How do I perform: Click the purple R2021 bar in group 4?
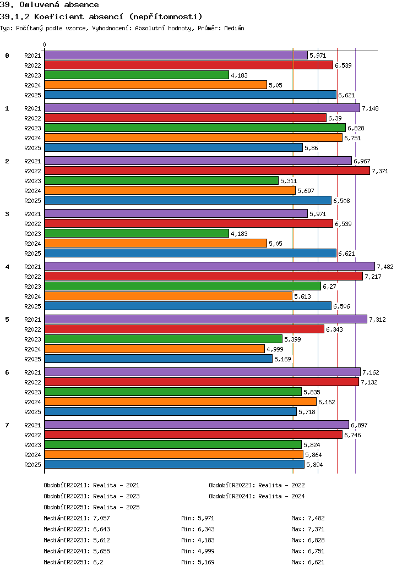point(209,266)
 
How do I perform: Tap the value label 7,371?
point(380,171)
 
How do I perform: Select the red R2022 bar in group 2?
point(207,170)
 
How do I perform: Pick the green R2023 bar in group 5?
point(163,339)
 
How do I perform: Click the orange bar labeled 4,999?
point(154,349)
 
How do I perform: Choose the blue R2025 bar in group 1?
point(173,147)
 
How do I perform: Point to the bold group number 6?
point(7,372)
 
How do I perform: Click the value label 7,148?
point(370,108)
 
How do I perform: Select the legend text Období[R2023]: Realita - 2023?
point(91,496)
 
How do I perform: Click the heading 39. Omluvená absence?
point(50,5)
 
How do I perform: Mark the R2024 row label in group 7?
point(32,455)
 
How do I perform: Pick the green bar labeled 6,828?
point(195,128)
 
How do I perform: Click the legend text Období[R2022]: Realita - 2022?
point(257,485)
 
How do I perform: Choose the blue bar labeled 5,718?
point(170,411)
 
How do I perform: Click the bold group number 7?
point(7,425)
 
